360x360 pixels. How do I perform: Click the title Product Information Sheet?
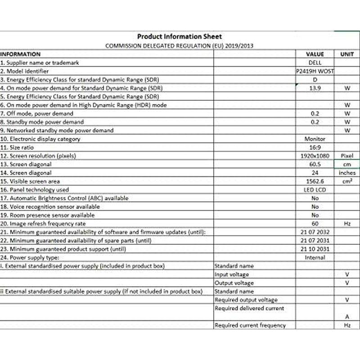179,36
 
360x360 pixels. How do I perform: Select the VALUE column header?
315,54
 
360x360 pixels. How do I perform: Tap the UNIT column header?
347,54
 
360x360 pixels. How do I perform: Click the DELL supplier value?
315,63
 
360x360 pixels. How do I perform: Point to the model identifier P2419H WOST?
315,71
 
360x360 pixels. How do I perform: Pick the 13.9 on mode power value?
315,88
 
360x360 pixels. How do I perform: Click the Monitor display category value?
315,139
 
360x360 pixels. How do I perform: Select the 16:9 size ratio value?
315,148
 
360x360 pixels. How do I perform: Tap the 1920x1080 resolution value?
315,156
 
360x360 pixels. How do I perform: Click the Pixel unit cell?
347,156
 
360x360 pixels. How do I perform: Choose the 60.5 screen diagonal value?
315,164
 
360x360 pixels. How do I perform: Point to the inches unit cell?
347,173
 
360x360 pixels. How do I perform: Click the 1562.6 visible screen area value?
315,181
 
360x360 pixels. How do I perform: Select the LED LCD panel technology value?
315,190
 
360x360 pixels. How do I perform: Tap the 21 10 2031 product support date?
315,249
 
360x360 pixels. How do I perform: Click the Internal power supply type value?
315,257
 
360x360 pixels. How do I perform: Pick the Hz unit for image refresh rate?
347,224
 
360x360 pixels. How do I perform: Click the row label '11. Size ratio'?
18,148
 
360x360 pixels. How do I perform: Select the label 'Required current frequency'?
250,325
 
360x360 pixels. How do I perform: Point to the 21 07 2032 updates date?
315,232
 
